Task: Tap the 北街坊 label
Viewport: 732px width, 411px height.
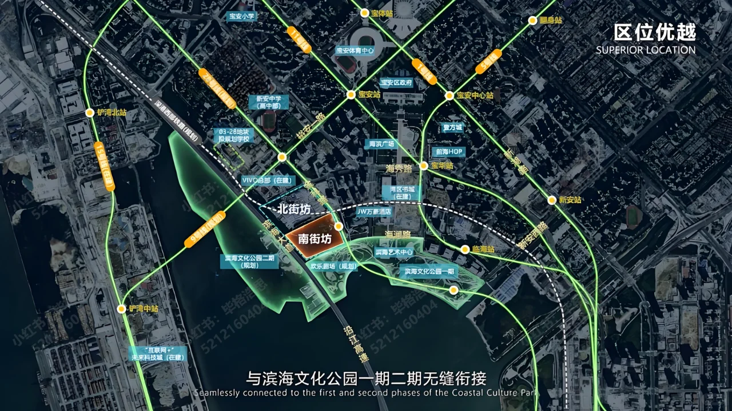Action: (293, 209)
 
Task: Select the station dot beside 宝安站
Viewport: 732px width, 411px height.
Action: (351, 95)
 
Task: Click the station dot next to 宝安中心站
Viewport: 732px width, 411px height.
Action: (449, 95)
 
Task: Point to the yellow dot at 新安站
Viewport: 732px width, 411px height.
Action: (551, 200)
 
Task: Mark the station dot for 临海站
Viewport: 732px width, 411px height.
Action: (465, 249)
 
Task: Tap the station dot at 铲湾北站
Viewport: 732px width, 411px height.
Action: (90, 112)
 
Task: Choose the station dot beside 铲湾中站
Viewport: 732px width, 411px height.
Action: (121, 309)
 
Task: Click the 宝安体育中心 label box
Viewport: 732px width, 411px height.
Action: (355, 50)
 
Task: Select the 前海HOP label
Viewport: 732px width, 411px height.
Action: (448, 152)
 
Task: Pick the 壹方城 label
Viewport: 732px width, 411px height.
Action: (452, 127)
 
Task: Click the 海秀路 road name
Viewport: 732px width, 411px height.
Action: (399, 169)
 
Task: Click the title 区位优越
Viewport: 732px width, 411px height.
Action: (655, 32)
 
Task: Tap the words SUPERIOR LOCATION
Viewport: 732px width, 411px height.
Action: (646, 50)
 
